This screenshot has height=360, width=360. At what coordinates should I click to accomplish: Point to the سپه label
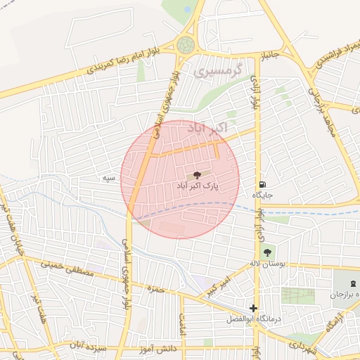tap(109, 179)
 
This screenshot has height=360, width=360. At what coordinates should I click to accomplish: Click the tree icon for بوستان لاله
tap(266, 251)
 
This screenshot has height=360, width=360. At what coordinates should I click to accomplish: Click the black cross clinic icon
tap(253, 308)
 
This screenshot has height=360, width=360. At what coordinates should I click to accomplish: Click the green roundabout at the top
tap(186, 46)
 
